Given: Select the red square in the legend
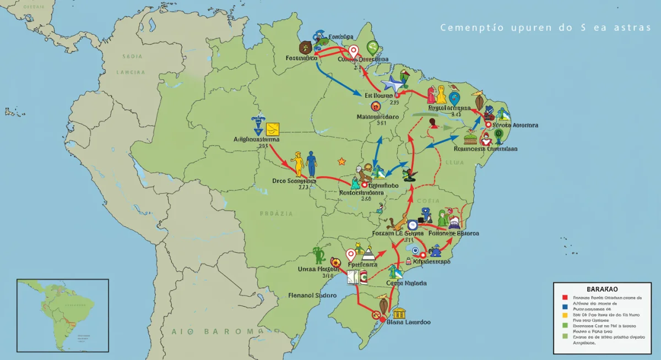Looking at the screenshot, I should pos(565,298).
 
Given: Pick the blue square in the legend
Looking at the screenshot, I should pos(565,307).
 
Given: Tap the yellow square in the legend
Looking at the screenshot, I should pos(565,316).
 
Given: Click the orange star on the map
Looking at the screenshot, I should pos(342,161).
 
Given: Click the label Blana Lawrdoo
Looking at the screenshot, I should pos(409,322).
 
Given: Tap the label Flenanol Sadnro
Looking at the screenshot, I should pos(312,295).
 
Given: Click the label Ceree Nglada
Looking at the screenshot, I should pos(407,283).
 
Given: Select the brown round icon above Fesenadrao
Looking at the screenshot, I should pos(305,47).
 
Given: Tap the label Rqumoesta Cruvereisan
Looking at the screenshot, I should pos(485,149).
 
